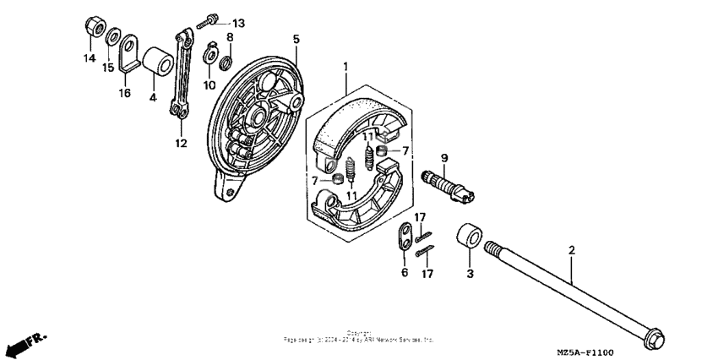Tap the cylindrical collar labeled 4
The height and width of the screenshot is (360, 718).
pos(155,61)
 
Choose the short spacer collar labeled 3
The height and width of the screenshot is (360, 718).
pos(468,237)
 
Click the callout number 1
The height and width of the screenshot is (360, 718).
pos(345,65)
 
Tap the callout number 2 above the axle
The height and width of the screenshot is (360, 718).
pos(571,251)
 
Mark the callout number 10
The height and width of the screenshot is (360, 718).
pos(209,86)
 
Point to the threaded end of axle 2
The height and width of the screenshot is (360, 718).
pos(494,248)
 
